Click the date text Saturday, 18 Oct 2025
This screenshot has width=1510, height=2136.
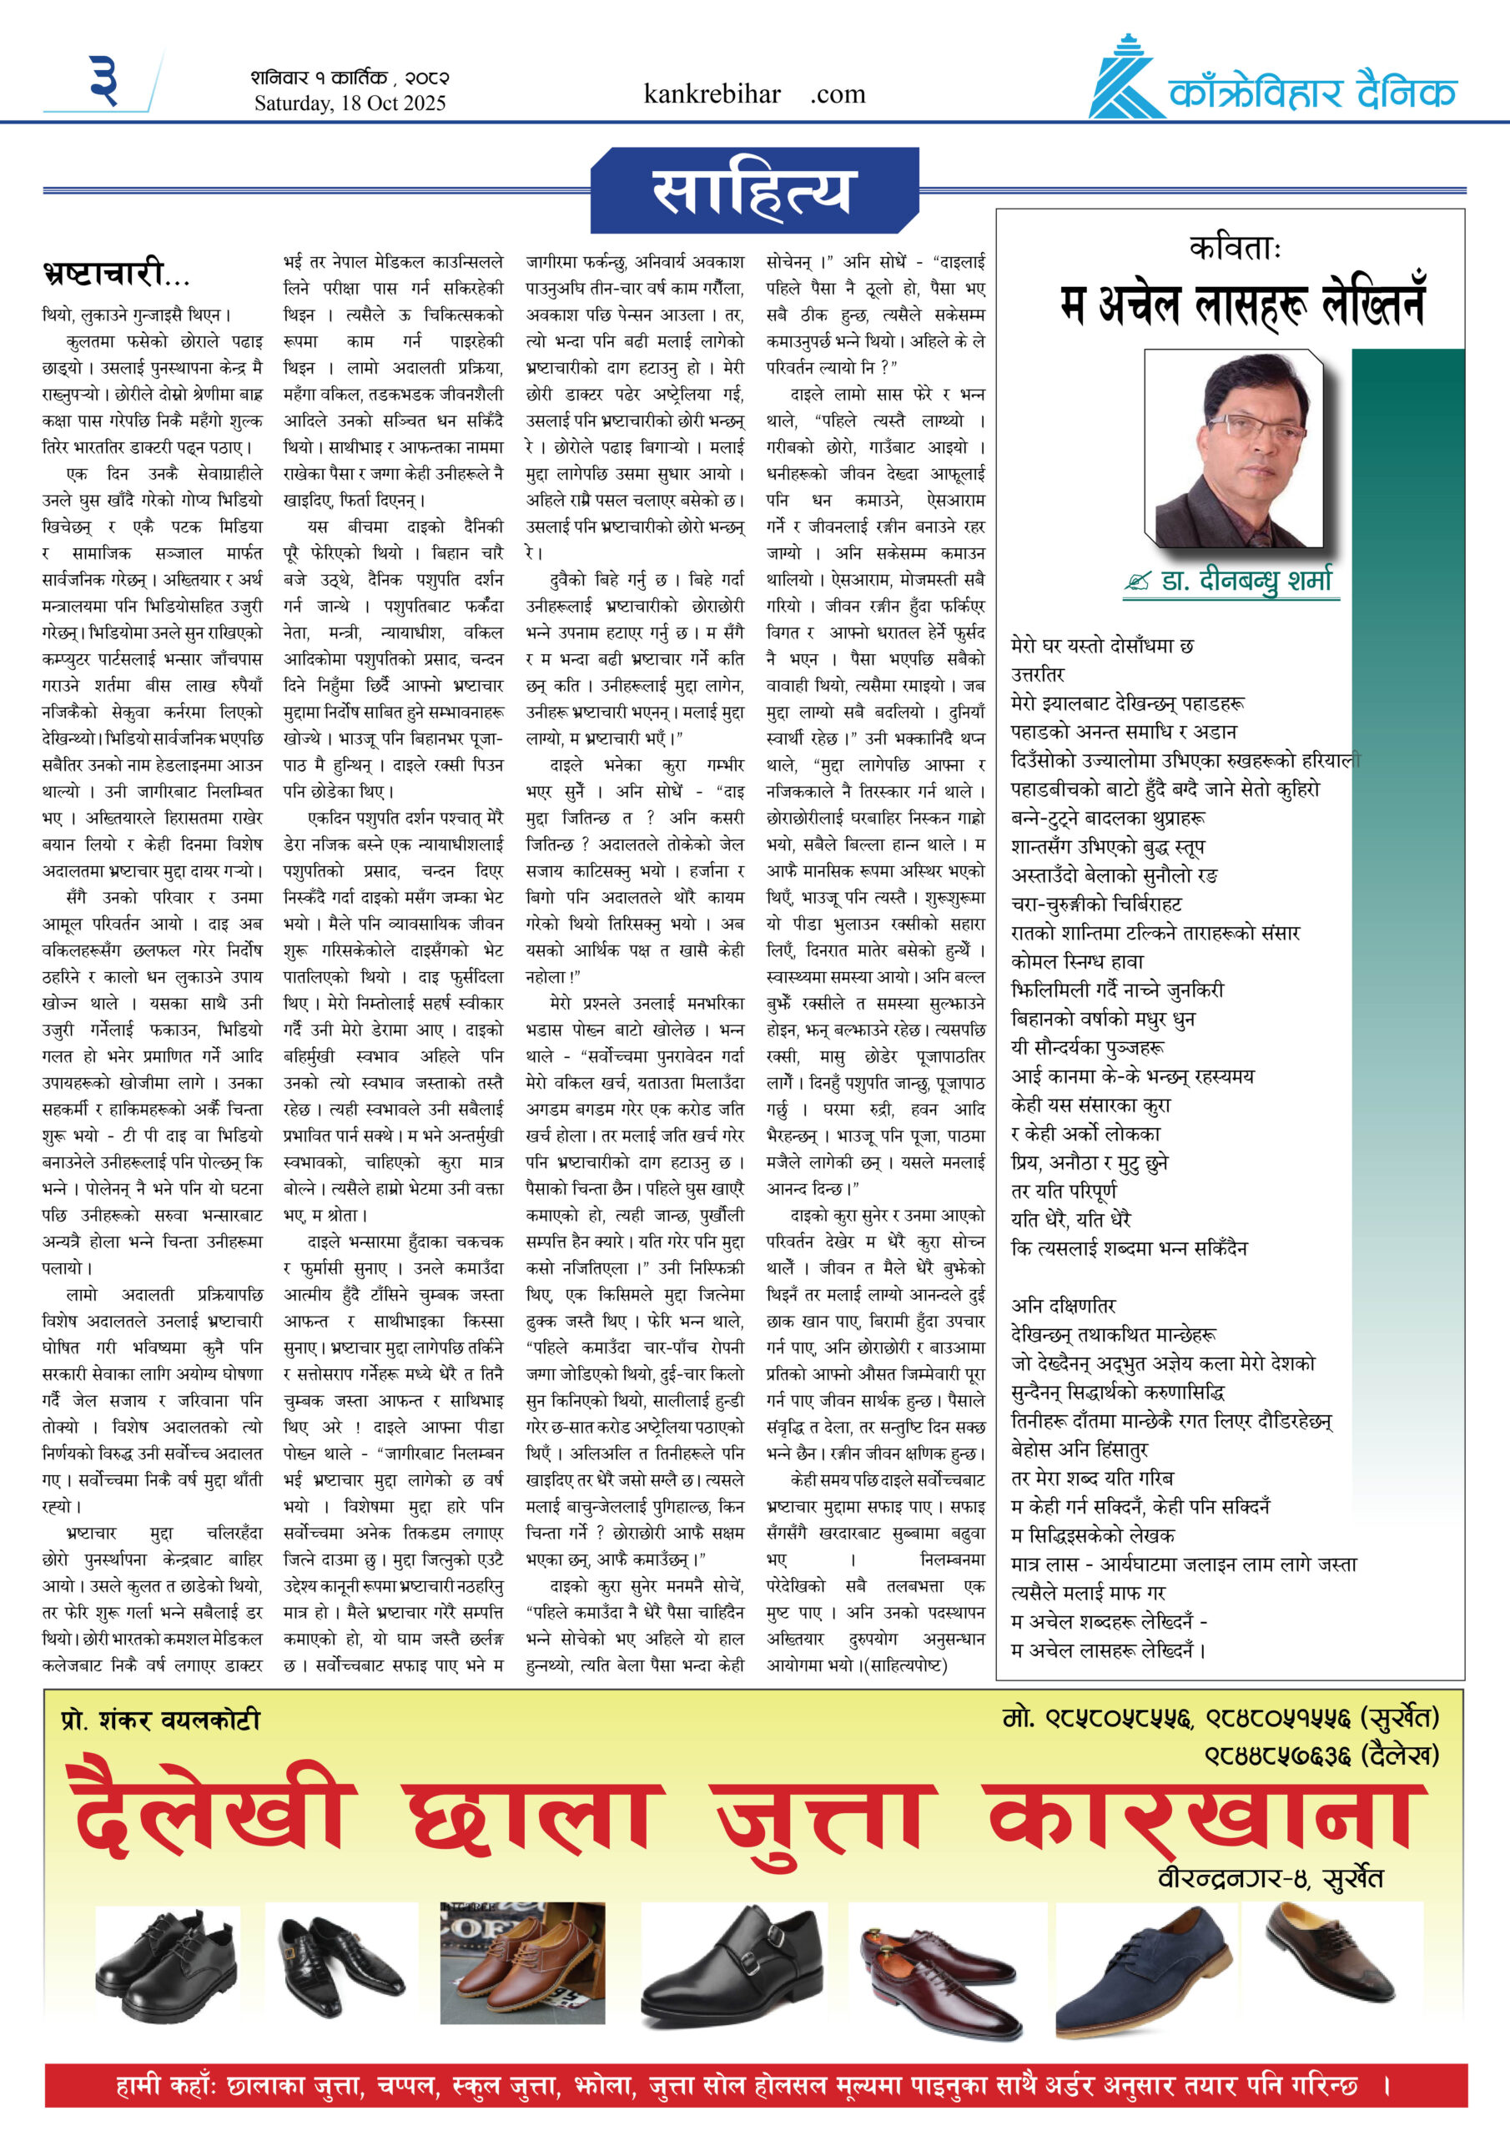350,103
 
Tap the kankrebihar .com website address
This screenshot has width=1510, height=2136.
753,94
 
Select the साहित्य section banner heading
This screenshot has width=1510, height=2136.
751,191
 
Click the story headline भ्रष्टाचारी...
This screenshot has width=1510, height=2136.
115,274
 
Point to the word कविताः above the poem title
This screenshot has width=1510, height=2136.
1235,249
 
